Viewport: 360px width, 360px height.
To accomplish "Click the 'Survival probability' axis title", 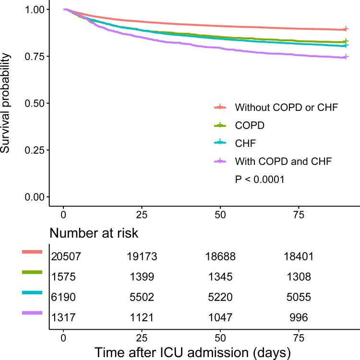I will (7, 103).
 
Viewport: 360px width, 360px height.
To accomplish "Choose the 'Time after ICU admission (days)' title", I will (192, 351).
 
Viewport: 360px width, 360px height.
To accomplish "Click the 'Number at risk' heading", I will (95, 234).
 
